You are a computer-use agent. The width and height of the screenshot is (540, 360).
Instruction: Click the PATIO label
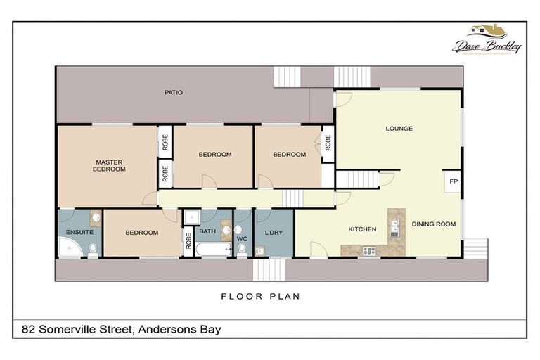[x=173, y=92]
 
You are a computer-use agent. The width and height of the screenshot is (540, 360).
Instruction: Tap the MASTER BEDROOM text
[x=110, y=165]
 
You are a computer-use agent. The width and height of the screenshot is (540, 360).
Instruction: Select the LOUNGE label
[x=399, y=129]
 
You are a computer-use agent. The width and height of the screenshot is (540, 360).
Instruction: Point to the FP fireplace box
[x=454, y=181]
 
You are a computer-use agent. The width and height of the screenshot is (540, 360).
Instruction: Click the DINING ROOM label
[x=433, y=224]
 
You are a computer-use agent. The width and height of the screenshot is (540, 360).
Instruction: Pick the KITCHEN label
[x=362, y=229]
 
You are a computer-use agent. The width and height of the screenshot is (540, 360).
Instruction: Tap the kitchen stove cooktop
[x=368, y=250]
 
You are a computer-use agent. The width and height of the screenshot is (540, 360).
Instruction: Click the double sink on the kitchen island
[x=395, y=227]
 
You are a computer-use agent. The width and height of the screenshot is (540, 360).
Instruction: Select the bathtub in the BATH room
[x=213, y=249]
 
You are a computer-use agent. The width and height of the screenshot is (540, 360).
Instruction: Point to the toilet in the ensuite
[x=93, y=247]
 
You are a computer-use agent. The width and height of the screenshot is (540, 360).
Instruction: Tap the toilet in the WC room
[x=242, y=247]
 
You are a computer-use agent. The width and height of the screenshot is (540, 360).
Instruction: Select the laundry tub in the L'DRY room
[x=259, y=249]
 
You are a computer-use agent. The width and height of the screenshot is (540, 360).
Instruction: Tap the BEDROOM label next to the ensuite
[x=142, y=233]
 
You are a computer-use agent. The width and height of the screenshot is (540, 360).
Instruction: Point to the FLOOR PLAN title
[x=260, y=297]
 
